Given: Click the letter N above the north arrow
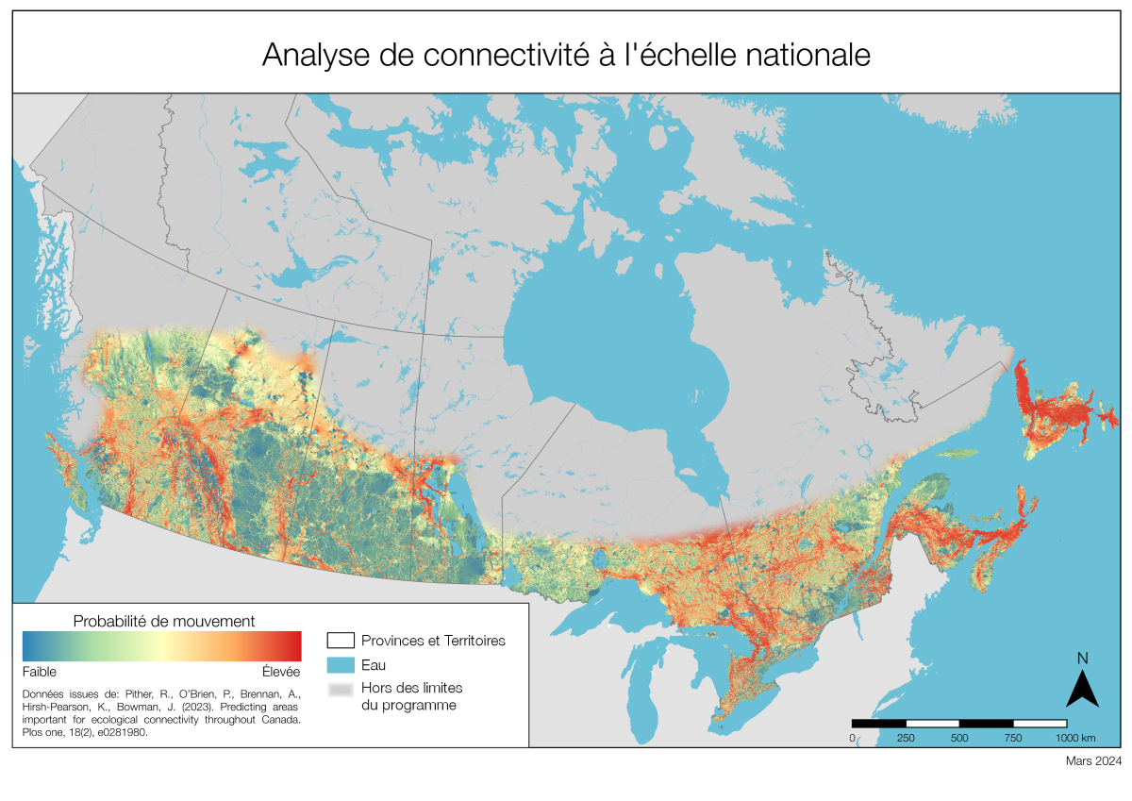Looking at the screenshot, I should (x=1083, y=659).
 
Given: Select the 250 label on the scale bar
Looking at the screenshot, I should (x=906, y=738).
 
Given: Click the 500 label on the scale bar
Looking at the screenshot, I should (x=959, y=738).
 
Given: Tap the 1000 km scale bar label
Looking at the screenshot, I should (x=1074, y=738).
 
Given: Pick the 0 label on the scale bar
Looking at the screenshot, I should (x=853, y=738).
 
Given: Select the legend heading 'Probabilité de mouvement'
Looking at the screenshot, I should (x=162, y=621).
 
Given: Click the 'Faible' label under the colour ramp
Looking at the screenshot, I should (x=40, y=672).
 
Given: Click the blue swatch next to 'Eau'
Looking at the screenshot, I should (x=341, y=665).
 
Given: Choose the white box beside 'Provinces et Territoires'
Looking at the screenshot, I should (x=341, y=641).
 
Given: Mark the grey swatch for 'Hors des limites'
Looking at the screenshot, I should (x=341, y=690).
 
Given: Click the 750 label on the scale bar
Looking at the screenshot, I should (x=1013, y=738).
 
